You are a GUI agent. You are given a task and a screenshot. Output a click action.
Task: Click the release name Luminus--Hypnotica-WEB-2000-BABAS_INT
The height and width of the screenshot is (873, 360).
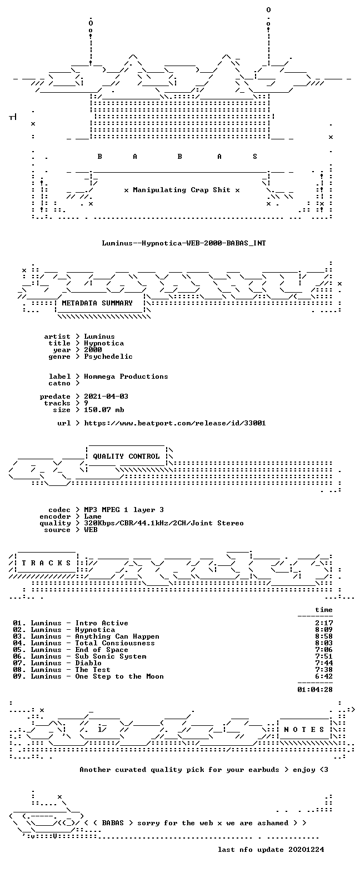coord(184,243)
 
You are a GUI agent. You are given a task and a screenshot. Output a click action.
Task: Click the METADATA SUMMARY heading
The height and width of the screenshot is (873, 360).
coord(97,303)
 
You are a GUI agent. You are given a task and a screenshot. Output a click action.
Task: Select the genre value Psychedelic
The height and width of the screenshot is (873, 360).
coord(108,357)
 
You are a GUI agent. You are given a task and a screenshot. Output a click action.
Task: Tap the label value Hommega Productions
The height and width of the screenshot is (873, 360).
coord(126,377)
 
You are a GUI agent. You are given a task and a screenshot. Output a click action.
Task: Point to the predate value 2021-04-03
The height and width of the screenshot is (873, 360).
coord(106,397)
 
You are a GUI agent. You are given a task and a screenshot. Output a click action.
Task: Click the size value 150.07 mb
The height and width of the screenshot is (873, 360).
coord(104,410)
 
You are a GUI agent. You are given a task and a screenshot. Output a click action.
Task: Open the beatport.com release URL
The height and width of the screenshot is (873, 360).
coord(175,423)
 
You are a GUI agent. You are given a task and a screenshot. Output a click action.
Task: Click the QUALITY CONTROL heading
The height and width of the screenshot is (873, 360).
coord(126,456)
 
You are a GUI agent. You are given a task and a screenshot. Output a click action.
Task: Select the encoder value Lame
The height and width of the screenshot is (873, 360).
coord(92,516)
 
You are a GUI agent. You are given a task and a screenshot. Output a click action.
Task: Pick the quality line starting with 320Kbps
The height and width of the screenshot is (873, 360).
coord(164,523)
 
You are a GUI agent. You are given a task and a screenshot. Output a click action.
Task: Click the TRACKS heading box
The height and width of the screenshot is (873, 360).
coord(46,563)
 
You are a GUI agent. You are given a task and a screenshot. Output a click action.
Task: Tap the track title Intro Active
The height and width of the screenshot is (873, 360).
coord(102,623)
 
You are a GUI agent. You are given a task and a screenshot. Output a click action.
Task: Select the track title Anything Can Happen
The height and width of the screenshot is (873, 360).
coord(117,636)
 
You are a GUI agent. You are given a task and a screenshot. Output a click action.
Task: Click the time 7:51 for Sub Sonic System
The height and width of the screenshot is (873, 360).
coord(324,656)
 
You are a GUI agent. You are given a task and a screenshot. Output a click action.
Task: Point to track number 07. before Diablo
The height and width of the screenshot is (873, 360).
coord(19,663)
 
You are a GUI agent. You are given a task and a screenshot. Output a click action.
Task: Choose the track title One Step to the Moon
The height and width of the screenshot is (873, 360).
coord(119,676)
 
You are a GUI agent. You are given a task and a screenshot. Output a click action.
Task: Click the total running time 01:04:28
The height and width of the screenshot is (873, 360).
coord(315,689)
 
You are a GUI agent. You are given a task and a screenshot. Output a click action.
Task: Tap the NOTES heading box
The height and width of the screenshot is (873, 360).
coord(304,729)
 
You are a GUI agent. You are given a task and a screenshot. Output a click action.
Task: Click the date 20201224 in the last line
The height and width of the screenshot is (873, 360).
coord(306,849)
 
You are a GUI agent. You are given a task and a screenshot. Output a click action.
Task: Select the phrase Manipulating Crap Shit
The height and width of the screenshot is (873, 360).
coord(181,190)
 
